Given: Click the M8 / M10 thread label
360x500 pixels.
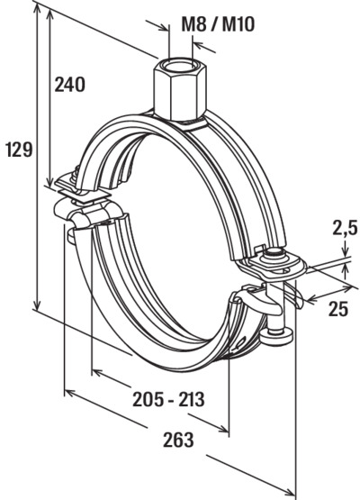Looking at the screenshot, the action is pos(218,25).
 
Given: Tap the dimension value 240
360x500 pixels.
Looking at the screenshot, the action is pos(70,85).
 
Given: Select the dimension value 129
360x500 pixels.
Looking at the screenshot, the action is pos(20,150).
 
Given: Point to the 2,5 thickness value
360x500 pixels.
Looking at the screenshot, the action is pos(345,228).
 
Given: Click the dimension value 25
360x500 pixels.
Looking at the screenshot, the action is pos(338,309).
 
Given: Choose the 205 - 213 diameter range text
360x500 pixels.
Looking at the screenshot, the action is pos(168,399).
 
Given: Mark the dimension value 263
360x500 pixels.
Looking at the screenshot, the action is pos(178,440).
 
